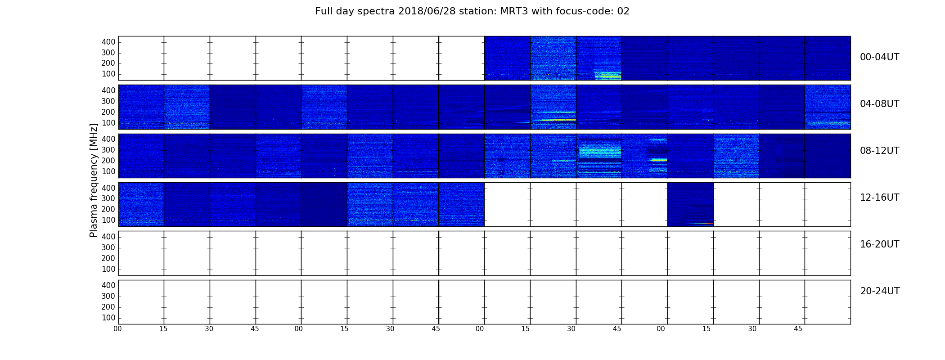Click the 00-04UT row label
coord(879,57)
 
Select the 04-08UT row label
coord(879,104)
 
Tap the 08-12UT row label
coord(879,151)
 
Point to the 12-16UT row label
coord(879,198)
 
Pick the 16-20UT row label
coord(879,244)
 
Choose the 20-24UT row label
coord(880,291)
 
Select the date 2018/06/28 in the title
coord(427,11)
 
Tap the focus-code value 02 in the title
coord(623,11)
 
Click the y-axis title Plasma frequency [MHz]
coord(94,180)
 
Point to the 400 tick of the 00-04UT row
coord(108,42)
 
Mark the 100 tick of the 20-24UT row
coord(108,318)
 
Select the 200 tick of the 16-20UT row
coord(108,258)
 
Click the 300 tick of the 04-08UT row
coord(108,101)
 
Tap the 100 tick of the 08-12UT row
coord(108,171)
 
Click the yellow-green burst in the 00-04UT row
coord(608,75)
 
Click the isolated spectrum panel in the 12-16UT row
coord(690,204)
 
